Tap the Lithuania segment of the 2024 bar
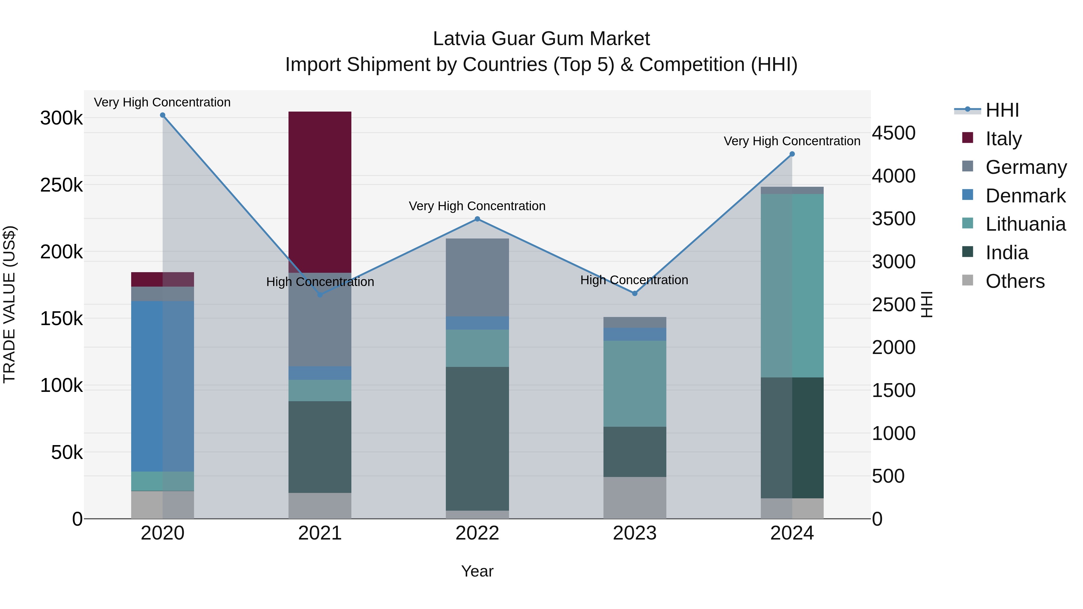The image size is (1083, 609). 792,285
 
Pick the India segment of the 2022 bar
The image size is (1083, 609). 477,438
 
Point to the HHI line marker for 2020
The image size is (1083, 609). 163,115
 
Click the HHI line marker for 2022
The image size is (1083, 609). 477,219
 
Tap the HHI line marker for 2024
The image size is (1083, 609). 792,154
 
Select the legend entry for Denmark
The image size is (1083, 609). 1025,196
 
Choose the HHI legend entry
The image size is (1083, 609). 1001,110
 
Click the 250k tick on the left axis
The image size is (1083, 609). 61,185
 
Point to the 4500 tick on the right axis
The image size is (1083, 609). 893,133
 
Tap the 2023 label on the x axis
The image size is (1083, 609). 634,533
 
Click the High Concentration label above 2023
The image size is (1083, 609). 634,280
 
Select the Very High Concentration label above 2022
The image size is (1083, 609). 477,206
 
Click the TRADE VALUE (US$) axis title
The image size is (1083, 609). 9,304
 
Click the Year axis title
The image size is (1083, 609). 477,571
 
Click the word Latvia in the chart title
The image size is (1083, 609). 459,39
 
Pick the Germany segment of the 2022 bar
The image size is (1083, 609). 477,277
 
